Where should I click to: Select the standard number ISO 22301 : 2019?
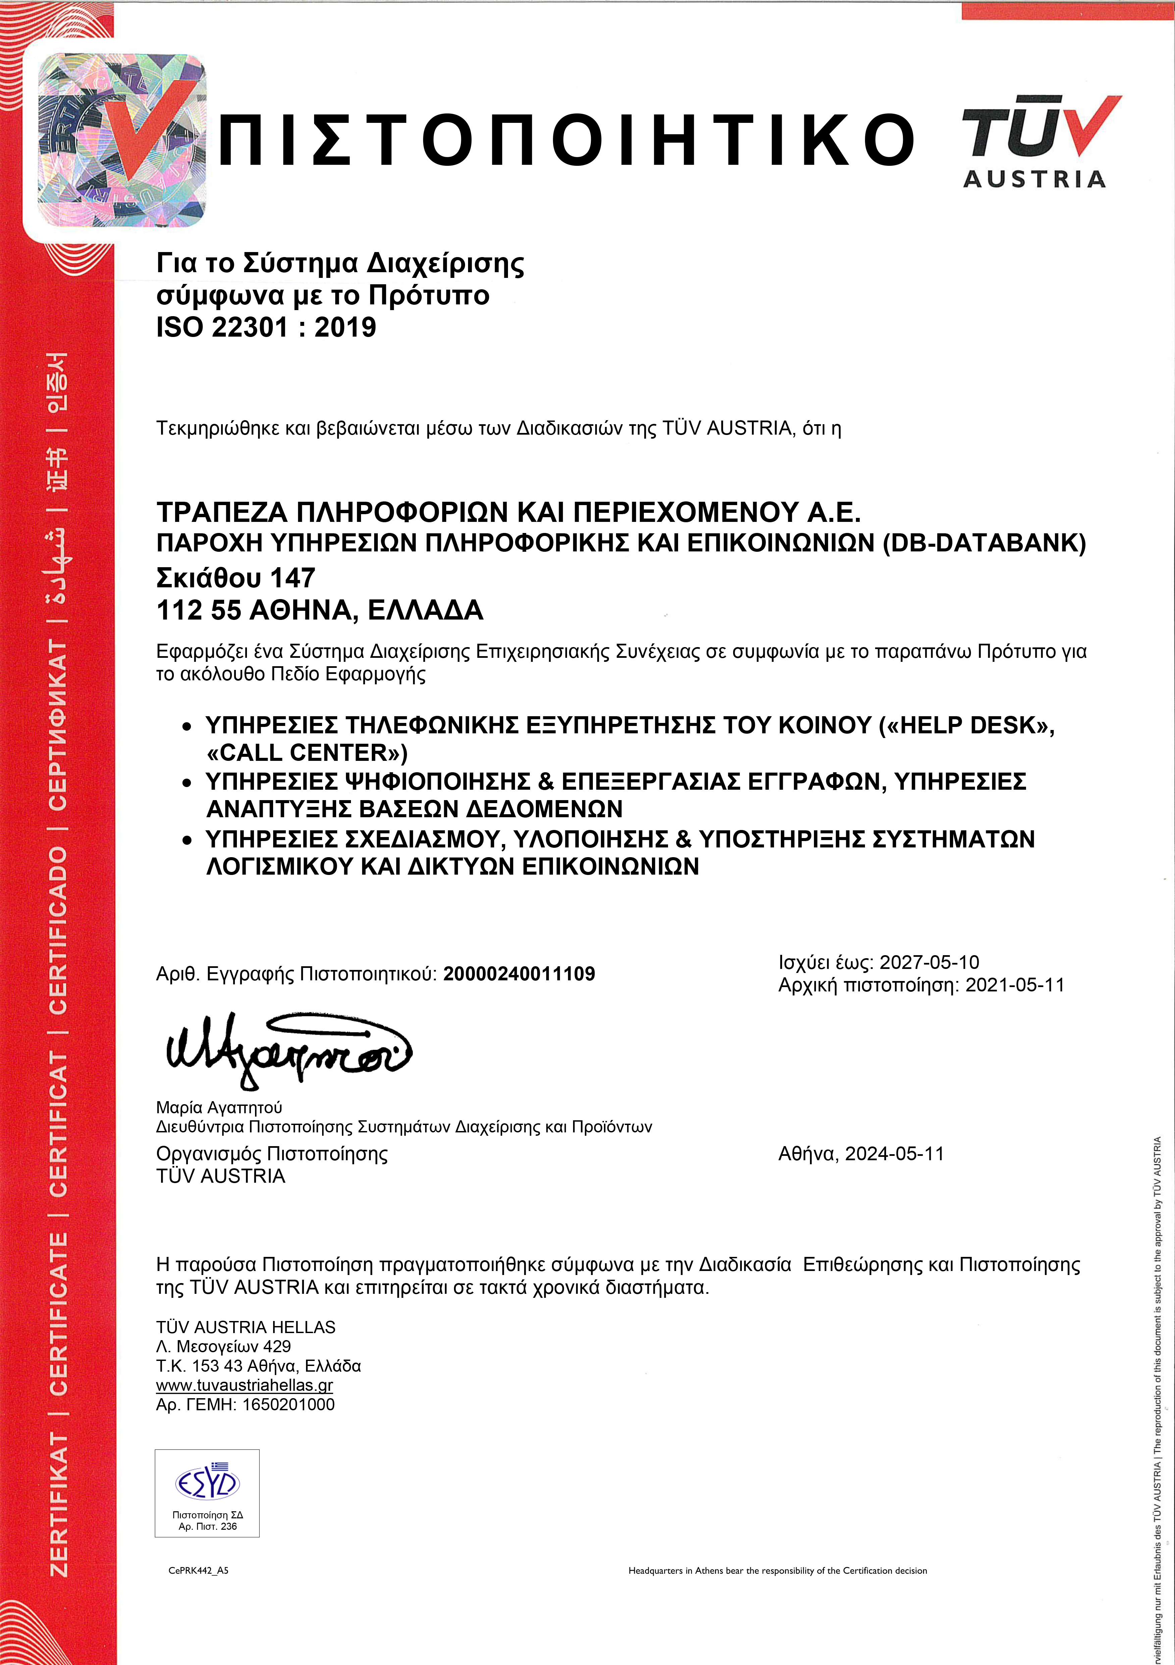(266, 327)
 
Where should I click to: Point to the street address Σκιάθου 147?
(236, 578)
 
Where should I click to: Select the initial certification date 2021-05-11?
(1014, 985)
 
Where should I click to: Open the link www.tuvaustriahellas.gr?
(244, 1385)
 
